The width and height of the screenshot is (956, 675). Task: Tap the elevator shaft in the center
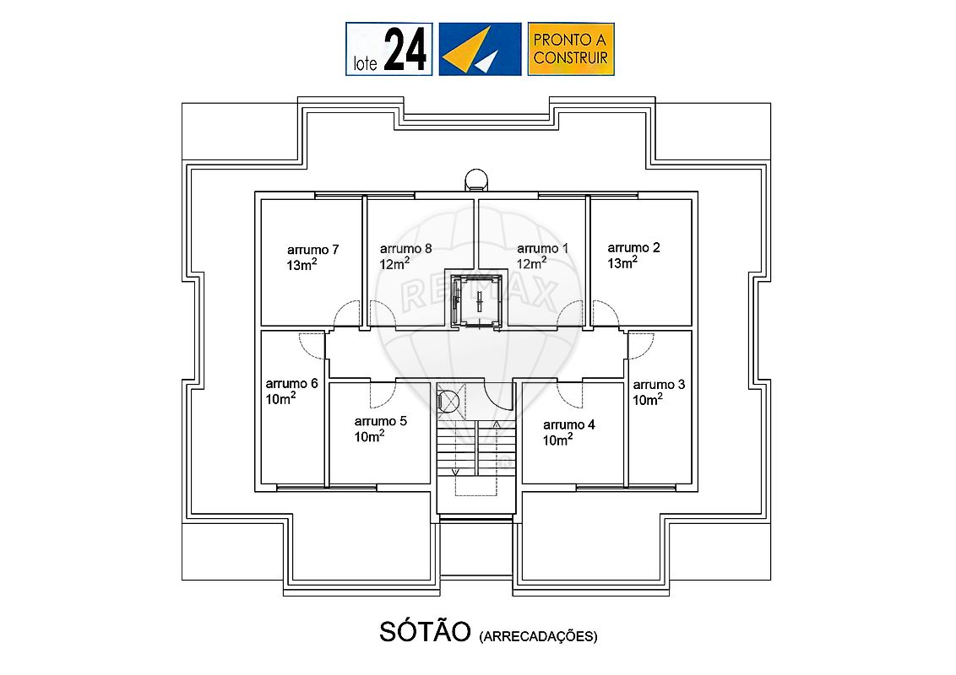(477, 300)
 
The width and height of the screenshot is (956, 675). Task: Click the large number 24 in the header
(405, 50)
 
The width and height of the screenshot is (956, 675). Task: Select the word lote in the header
(365, 63)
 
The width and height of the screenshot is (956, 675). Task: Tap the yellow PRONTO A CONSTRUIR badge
(571, 49)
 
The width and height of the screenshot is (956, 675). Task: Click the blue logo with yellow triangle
(480, 49)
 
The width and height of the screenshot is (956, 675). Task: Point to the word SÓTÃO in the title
(425, 632)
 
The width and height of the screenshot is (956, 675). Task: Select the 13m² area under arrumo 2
(622, 262)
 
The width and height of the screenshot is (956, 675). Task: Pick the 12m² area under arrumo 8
(394, 264)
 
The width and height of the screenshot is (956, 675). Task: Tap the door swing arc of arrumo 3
(641, 345)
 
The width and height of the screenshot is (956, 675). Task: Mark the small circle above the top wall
(476, 180)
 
